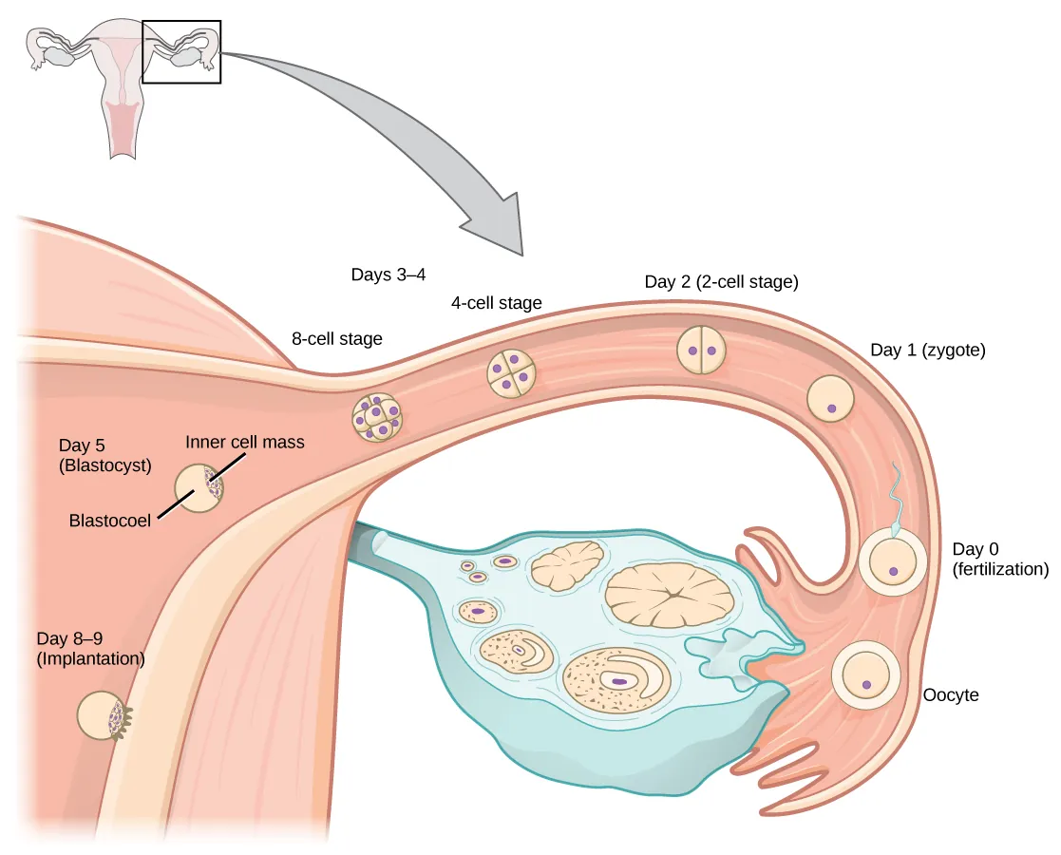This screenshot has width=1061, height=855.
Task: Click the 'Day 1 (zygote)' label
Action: tap(927, 350)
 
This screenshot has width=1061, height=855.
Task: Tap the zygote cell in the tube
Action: tap(831, 398)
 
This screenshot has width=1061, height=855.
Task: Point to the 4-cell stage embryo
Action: tap(511, 374)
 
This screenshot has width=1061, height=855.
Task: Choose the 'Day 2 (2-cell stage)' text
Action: tap(720, 281)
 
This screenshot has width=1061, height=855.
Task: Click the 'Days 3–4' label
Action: tap(388, 275)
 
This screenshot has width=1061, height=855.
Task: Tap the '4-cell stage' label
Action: tap(496, 303)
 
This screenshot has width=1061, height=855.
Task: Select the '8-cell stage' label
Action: tap(337, 338)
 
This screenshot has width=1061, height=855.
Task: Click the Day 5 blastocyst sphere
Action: tap(199, 488)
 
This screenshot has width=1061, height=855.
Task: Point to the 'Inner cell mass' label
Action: tap(244, 442)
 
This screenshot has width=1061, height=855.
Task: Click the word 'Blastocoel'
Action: tap(109, 521)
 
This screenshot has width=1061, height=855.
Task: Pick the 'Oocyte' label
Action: tap(950, 694)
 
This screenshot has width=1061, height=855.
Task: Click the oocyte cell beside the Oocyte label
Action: tap(865, 676)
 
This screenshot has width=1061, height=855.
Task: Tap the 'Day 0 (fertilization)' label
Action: tap(999, 560)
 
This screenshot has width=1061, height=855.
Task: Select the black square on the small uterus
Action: tap(181, 52)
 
